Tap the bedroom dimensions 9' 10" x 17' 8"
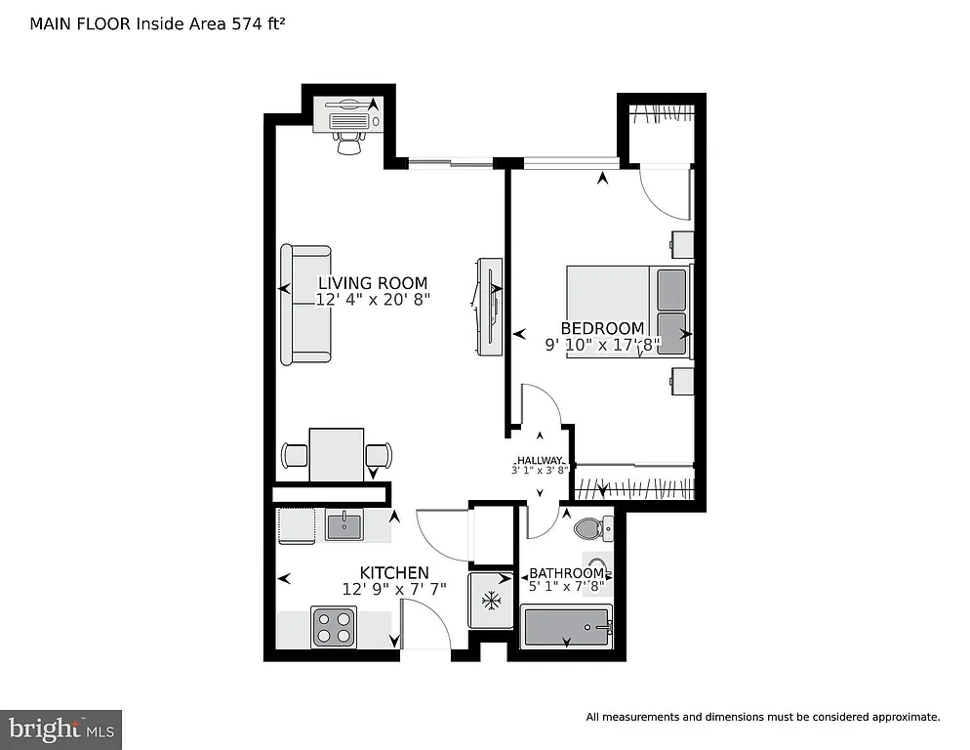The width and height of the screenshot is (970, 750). tap(602, 344)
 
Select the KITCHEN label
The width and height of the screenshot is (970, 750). tap(394, 572)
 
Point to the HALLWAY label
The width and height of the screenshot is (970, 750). tap(540, 460)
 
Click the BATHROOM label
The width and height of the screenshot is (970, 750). tap(566, 573)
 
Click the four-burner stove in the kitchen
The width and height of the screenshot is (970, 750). tap(334, 626)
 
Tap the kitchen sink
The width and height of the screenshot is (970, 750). tap(344, 527)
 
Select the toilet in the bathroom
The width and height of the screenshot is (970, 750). tap(590, 529)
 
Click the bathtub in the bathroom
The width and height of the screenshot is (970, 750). tap(567, 627)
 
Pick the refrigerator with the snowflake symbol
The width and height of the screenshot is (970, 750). tap(490, 600)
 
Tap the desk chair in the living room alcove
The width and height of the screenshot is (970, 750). tap(348, 144)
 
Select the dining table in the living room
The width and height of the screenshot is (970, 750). tap(337, 454)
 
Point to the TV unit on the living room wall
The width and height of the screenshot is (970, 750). tap(490, 306)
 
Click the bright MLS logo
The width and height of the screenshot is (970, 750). tap(61, 729)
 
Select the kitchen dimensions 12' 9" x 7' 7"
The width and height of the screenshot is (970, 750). tap(394, 589)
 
